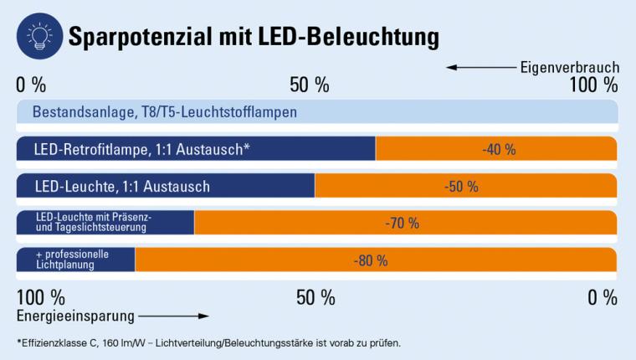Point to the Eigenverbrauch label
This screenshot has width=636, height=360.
tap(569, 67)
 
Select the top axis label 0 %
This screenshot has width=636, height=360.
tap(31, 85)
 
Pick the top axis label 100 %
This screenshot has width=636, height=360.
tap(593, 85)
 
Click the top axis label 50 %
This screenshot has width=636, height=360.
tap(310, 85)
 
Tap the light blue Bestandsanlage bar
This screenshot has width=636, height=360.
tap(317, 111)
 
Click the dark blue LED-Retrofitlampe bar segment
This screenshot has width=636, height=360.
tap(196, 149)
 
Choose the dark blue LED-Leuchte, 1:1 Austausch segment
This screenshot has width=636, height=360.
tap(166, 186)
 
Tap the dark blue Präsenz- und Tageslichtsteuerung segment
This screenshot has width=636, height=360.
tap(105, 223)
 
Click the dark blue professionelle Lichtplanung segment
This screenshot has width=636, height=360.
tap(76, 260)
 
